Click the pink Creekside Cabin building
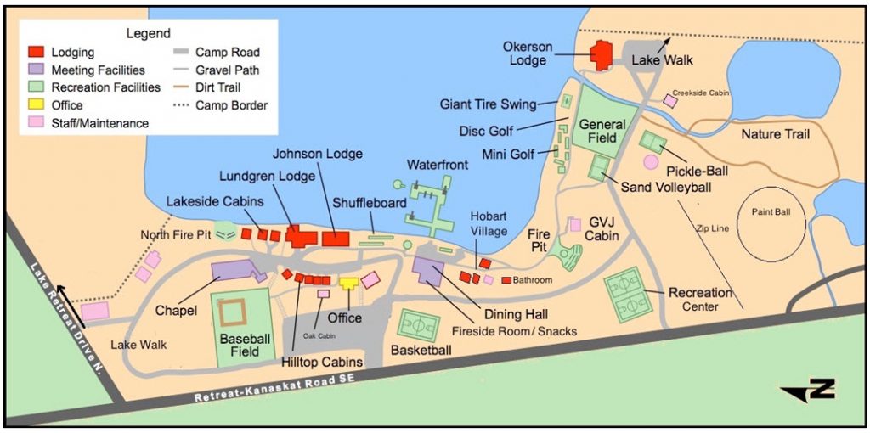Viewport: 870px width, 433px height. coord(670,101)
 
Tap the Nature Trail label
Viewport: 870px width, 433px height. coord(775,134)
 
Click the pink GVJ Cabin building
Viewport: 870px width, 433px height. coord(575,224)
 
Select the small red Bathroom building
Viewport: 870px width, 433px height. coord(506,280)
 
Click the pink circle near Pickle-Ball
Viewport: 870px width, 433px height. coord(651,161)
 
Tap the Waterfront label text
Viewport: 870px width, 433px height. coord(437,164)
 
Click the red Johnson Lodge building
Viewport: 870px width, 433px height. coord(336,239)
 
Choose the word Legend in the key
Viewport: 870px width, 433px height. coord(149,32)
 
